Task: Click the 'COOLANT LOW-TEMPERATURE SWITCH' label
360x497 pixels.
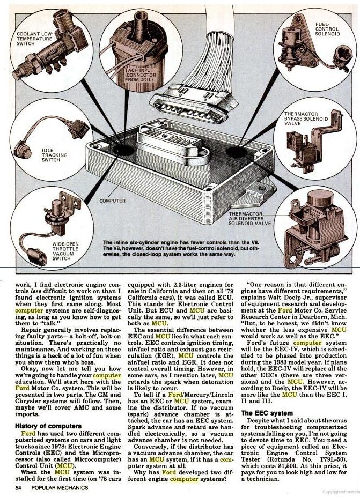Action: pyautogui.click(x=34, y=39)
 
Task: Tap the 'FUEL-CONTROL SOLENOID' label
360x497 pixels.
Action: pyautogui.click(x=327, y=29)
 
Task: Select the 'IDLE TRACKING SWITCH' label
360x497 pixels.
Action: pyautogui.click(x=55, y=155)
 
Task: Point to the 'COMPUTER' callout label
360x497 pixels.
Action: pyautogui.click(x=112, y=201)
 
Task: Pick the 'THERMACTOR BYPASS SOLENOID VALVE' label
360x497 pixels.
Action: pyautogui.click(x=306, y=118)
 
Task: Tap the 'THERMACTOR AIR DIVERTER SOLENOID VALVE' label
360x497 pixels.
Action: pyautogui.click(x=250, y=219)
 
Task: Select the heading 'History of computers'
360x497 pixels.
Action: pyautogui.click(x=48, y=426)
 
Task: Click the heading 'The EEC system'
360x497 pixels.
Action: pyautogui.click(x=267, y=413)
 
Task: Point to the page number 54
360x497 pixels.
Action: pyautogui.click(x=18, y=487)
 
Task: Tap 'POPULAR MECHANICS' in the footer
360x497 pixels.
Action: pyautogui.click(x=60, y=487)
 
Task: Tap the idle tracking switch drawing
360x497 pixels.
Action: pyautogui.click(x=51, y=136)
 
